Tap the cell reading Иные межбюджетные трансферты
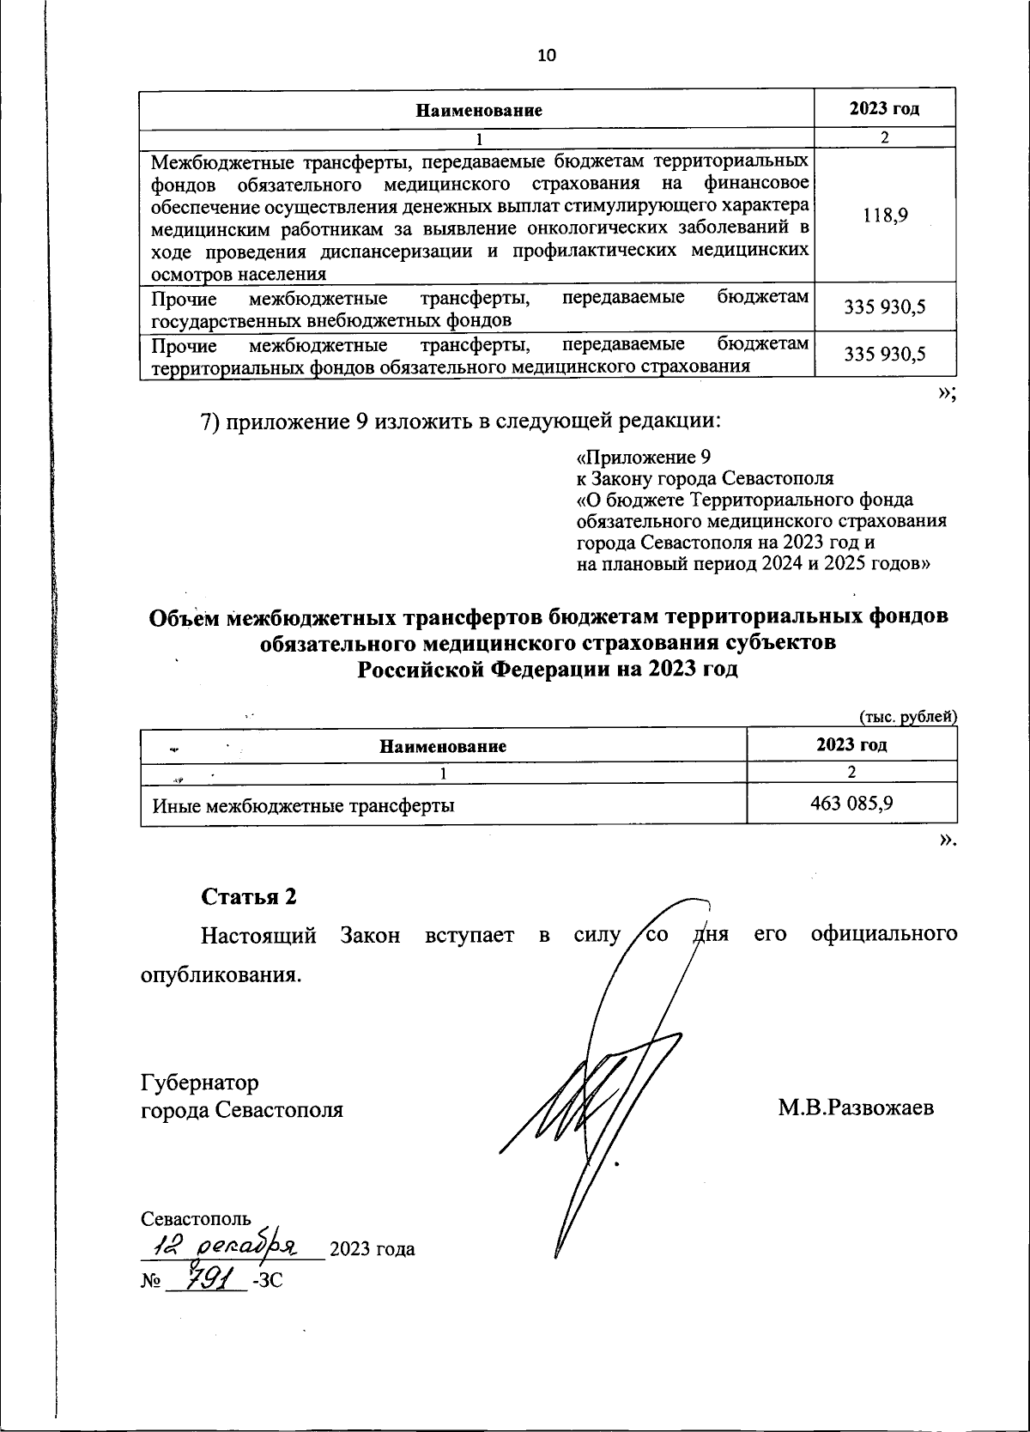coord(303,806)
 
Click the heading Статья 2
coord(249,896)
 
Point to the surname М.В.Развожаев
coord(856,1107)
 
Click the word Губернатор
coord(199,1082)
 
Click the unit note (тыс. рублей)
coord(907,717)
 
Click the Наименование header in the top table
coord(480,111)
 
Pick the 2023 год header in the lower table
coord(851,744)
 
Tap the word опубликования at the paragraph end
coord(221,975)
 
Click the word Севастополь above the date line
coord(196,1218)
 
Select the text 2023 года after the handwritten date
coord(373,1248)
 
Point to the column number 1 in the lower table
coord(443,773)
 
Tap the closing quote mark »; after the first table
coord(947,392)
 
